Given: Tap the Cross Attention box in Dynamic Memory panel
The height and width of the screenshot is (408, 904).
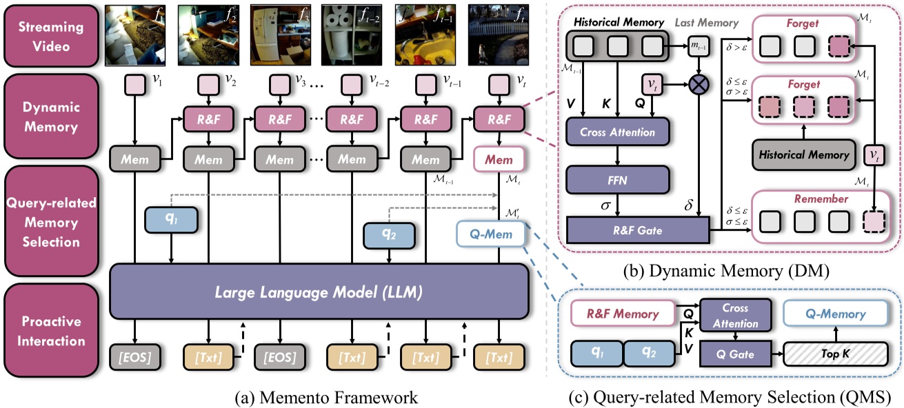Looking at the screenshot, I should click(617, 131).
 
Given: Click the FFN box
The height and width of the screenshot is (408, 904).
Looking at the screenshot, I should click(617, 181).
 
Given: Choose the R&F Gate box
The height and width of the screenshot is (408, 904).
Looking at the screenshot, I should click(636, 230).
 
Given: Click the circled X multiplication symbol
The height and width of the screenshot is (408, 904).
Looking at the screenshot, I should click(699, 88).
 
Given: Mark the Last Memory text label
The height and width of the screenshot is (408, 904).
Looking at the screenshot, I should click(705, 23).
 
